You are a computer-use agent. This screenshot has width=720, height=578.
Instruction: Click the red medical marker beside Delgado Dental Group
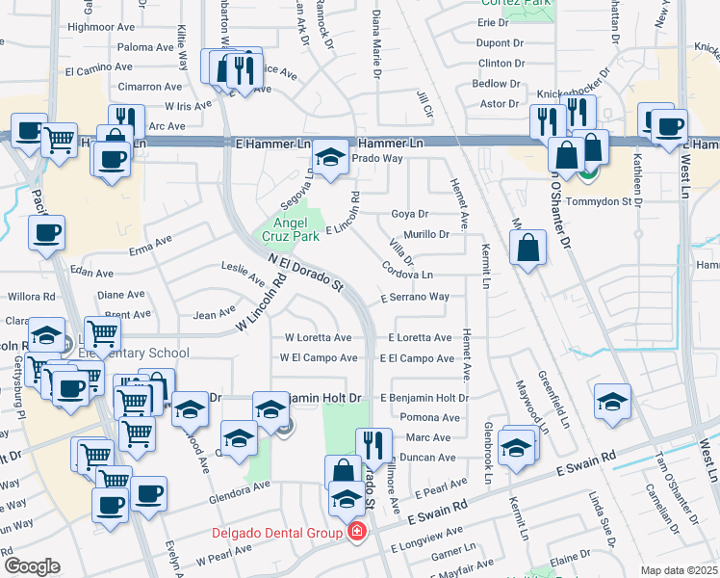click(357, 532)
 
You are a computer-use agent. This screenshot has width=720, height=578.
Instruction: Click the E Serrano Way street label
click(414, 298)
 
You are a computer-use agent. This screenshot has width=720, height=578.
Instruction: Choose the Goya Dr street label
click(409, 214)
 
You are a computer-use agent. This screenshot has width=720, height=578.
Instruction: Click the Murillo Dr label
click(426, 234)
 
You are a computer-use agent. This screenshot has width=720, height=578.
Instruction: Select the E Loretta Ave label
click(420, 338)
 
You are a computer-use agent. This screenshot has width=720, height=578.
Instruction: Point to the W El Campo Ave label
click(319, 358)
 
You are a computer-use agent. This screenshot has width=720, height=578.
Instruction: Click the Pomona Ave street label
click(430, 418)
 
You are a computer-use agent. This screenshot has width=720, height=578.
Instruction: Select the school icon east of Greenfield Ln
click(612, 404)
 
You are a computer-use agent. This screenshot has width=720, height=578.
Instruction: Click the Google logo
click(32, 566)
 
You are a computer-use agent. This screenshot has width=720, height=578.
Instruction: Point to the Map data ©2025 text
click(678, 570)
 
